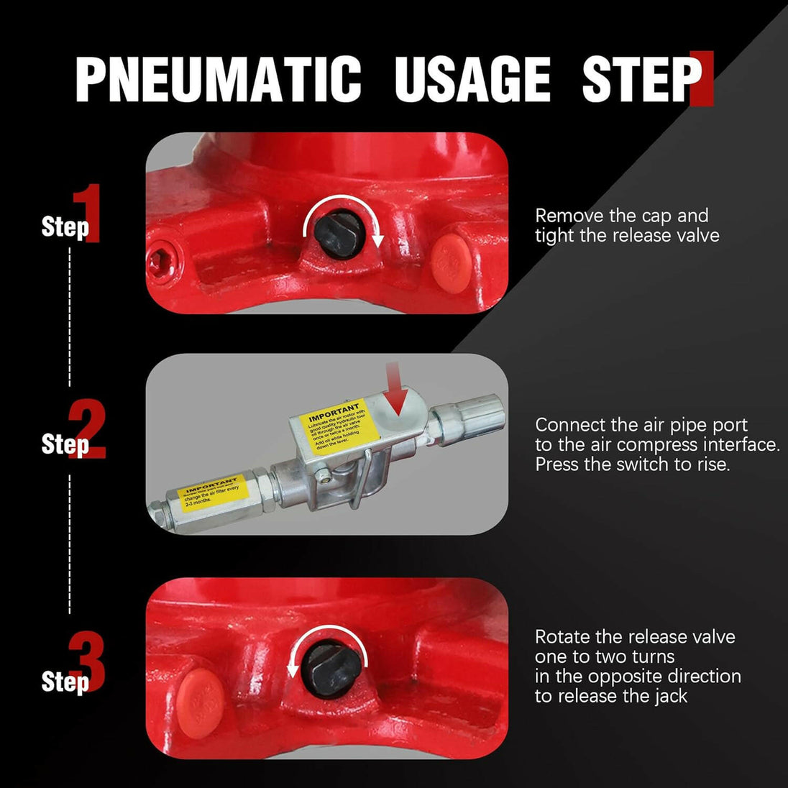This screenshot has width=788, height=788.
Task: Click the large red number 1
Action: click(x=91, y=214)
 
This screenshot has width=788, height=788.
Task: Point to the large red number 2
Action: click(x=90, y=429)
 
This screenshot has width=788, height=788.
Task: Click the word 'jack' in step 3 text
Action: click(x=670, y=696)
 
